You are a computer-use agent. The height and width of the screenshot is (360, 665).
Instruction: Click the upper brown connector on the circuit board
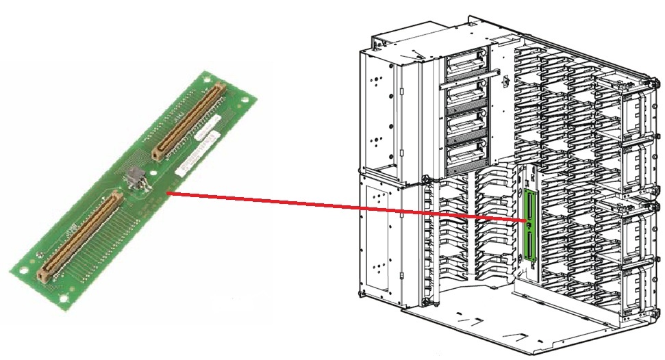(x=188, y=120)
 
